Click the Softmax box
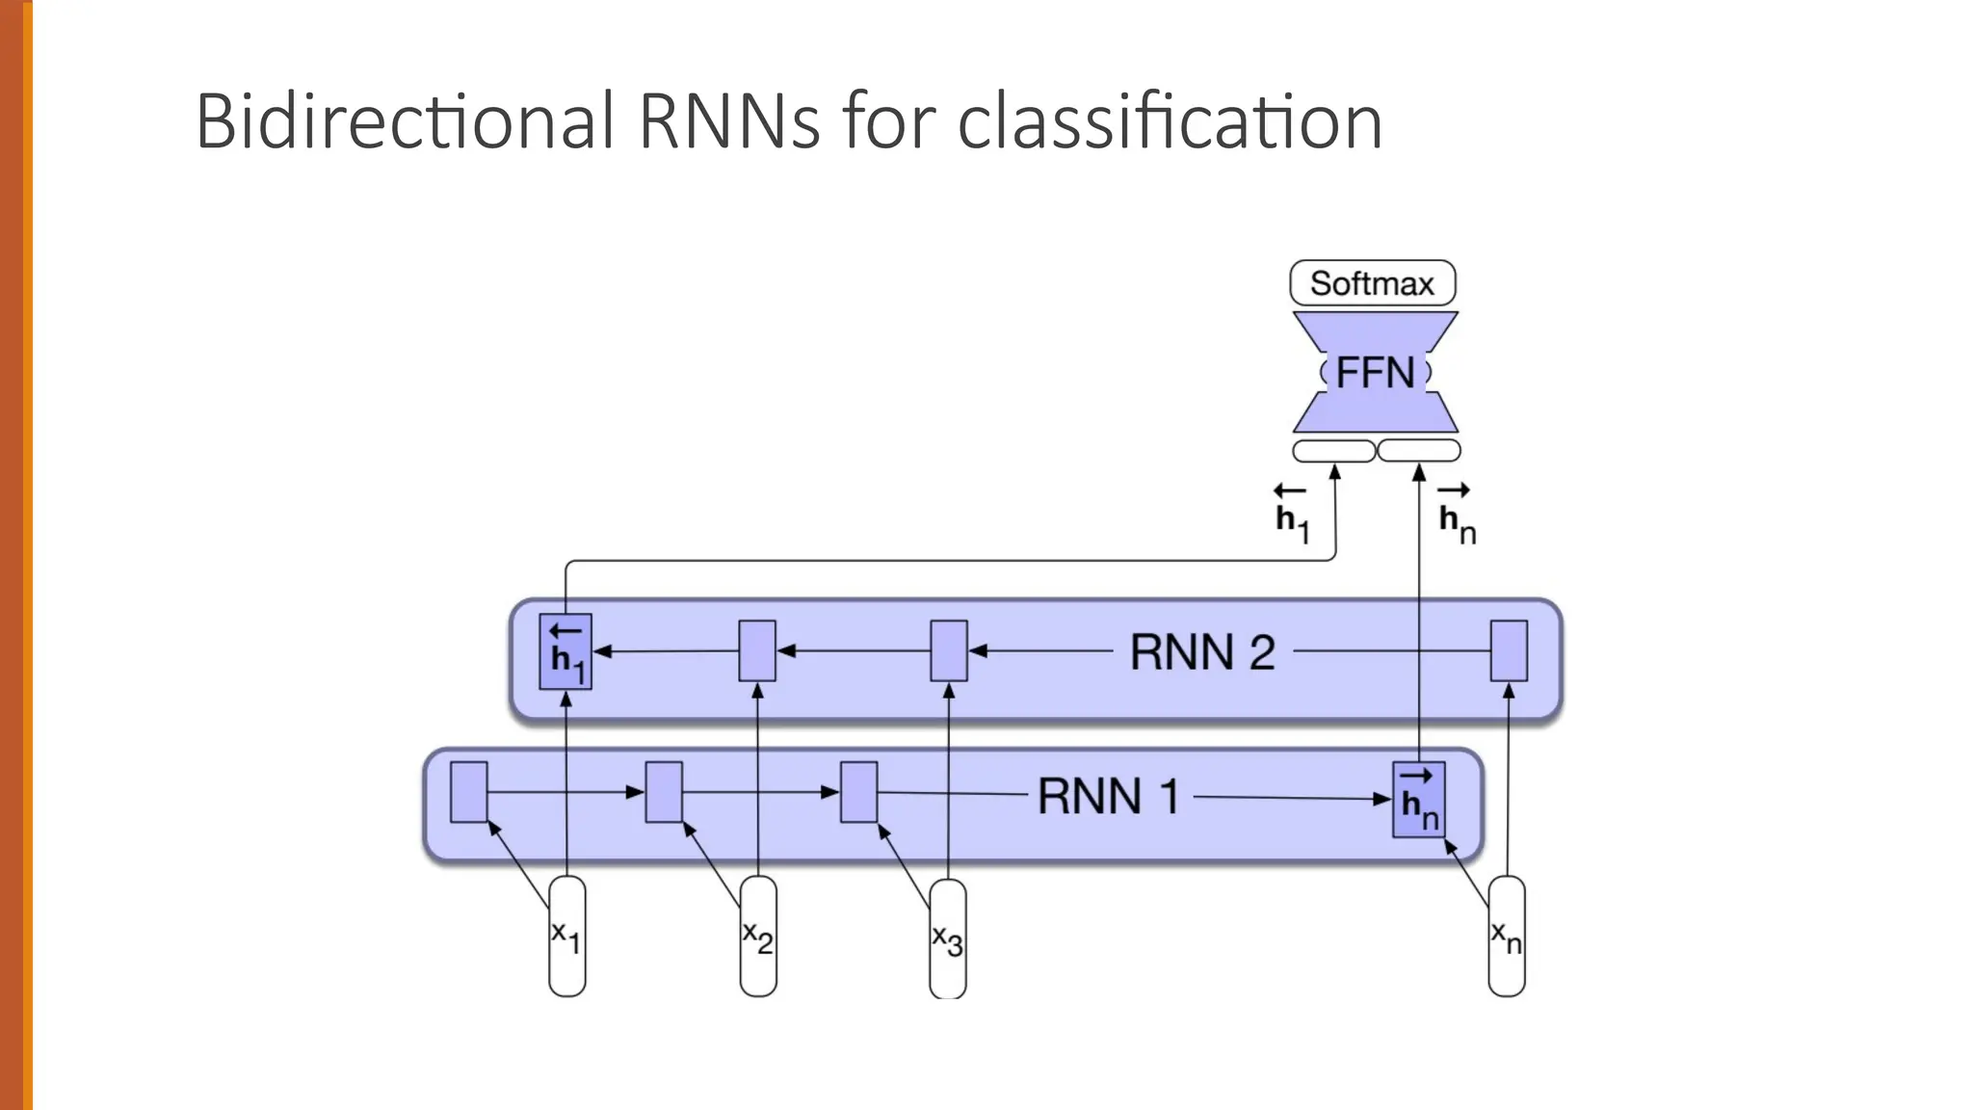(x=1372, y=283)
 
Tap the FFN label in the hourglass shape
(x=1375, y=373)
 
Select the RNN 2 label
(x=1202, y=652)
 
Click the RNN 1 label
(x=1108, y=797)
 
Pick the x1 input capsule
(x=566, y=936)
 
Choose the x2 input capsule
(x=758, y=936)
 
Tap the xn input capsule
(x=1507, y=936)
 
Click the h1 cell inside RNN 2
(x=566, y=652)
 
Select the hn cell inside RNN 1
(x=1419, y=800)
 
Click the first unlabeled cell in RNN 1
(x=469, y=792)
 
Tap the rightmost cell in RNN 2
(x=1509, y=651)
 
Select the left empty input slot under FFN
(x=1333, y=450)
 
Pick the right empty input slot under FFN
(x=1419, y=450)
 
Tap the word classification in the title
(x=1170, y=122)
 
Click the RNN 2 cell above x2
(x=757, y=651)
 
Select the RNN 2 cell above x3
(x=949, y=651)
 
